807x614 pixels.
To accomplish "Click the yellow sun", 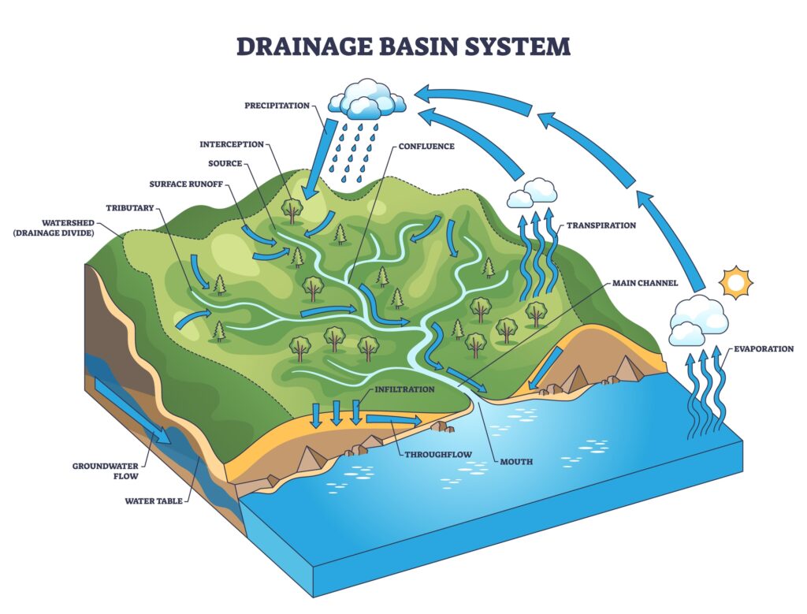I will [x=738, y=282].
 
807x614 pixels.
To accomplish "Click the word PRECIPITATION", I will [x=277, y=106].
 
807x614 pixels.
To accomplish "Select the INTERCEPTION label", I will [x=231, y=144].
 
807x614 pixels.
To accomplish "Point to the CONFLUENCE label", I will [x=426, y=146].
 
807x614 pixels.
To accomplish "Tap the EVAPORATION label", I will [x=763, y=348].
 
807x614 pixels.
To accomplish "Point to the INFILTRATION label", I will [x=404, y=389].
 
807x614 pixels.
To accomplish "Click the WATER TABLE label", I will [x=154, y=501].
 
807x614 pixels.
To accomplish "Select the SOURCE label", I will [x=225, y=164].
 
